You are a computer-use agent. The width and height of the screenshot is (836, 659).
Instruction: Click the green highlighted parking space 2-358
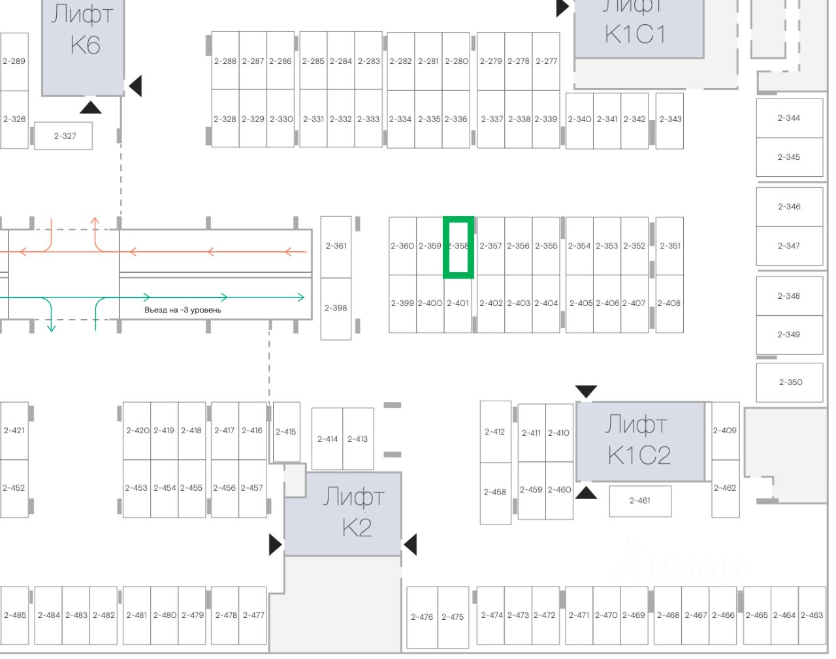click(458, 247)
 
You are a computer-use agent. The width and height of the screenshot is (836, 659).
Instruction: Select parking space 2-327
click(64, 136)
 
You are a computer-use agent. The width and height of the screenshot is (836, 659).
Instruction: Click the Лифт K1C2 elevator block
click(640, 441)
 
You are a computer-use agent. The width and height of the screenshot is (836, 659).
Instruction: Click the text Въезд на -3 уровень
click(183, 310)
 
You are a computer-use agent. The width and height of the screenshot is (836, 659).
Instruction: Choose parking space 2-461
click(639, 500)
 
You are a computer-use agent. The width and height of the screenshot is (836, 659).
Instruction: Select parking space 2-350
click(790, 382)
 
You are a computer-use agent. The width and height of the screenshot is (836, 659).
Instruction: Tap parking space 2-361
click(336, 246)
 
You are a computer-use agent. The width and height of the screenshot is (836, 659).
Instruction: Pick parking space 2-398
click(336, 308)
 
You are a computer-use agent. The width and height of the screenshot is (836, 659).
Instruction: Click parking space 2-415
click(285, 431)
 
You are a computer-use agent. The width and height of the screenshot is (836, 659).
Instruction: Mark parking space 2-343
click(669, 120)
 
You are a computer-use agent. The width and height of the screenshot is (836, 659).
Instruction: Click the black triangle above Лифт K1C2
click(586, 391)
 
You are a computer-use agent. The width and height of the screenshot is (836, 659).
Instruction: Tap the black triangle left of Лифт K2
click(275, 544)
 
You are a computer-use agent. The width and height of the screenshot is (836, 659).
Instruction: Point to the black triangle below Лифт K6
click(90, 106)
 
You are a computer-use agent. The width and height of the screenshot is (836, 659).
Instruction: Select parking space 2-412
click(495, 431)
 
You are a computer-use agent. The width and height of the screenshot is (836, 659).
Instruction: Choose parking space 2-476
click(422, 617)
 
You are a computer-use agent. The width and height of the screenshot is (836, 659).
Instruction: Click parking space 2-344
click(789, 118)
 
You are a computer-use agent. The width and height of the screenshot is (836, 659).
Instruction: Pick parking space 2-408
click(669, 303)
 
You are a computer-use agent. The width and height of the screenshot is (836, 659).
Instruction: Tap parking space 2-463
click(812, 615)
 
